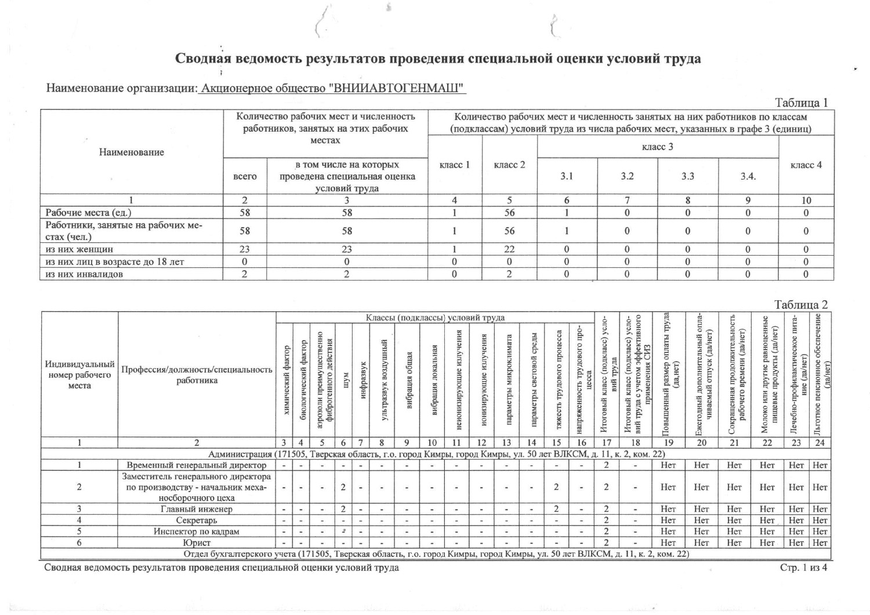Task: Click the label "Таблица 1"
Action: (x=801, y=103)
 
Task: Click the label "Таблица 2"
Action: (x=801, y=305)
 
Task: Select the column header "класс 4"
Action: (x=806, y=165)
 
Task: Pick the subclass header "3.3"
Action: (x=687, y=176)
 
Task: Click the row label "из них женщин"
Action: (x=79, y=249)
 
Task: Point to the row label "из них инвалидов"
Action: (x=84, y=274)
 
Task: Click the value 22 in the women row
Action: (x=509, y=249)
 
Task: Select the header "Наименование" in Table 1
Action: (x=132, y=152)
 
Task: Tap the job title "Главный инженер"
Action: (x=196, y=510)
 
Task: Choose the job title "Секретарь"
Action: (x=196, y=521)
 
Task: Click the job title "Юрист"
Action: (x=196, y=543)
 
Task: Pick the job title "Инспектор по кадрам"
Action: (x=196, y=532)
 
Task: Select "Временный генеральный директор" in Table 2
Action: (x=196, y=465)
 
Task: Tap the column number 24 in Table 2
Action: (x=820, y=443)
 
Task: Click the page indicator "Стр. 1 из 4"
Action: (x=803, y=568)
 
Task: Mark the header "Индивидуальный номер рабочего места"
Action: (x=79, y=374)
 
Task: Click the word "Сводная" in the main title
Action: (x=202, y=59)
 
